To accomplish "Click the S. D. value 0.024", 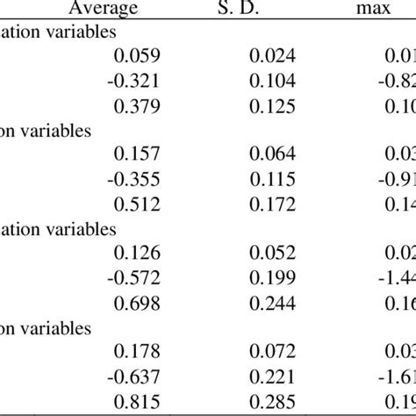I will tap(273, 57).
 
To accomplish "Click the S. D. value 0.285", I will tap(273, 405).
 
